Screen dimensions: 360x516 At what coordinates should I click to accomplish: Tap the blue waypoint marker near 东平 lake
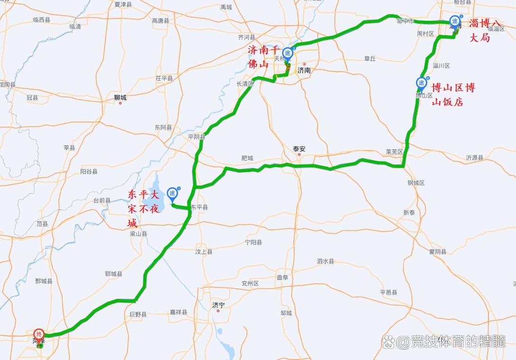pos(173,194)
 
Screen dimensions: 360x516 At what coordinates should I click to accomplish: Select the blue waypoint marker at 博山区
pos(421,83)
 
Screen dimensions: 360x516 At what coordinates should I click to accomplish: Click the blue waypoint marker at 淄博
pos(454,21)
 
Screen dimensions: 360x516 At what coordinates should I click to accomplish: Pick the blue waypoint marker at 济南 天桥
pos(287,53)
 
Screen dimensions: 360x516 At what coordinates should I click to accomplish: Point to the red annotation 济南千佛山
pos(263,56)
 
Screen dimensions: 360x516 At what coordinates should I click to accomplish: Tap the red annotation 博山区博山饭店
pos(453,94)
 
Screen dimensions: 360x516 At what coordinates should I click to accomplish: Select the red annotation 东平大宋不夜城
pos(143,209)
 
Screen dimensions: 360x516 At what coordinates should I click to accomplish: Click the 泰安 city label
pos(299,149)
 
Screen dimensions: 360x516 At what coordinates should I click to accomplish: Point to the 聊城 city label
pos(120,98)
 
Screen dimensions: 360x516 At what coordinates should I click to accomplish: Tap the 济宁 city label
pos(218,305)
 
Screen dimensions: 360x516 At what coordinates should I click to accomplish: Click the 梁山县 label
pos(138,234)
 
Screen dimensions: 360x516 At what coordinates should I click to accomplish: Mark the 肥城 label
pos(247,158)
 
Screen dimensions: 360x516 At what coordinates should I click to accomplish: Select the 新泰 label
pos(409,213)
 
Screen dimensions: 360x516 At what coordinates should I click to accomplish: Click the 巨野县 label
pos(138,314)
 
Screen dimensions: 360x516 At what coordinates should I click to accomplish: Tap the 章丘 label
pos(370,58)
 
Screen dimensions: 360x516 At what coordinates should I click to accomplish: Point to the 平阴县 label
pos(196,137)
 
